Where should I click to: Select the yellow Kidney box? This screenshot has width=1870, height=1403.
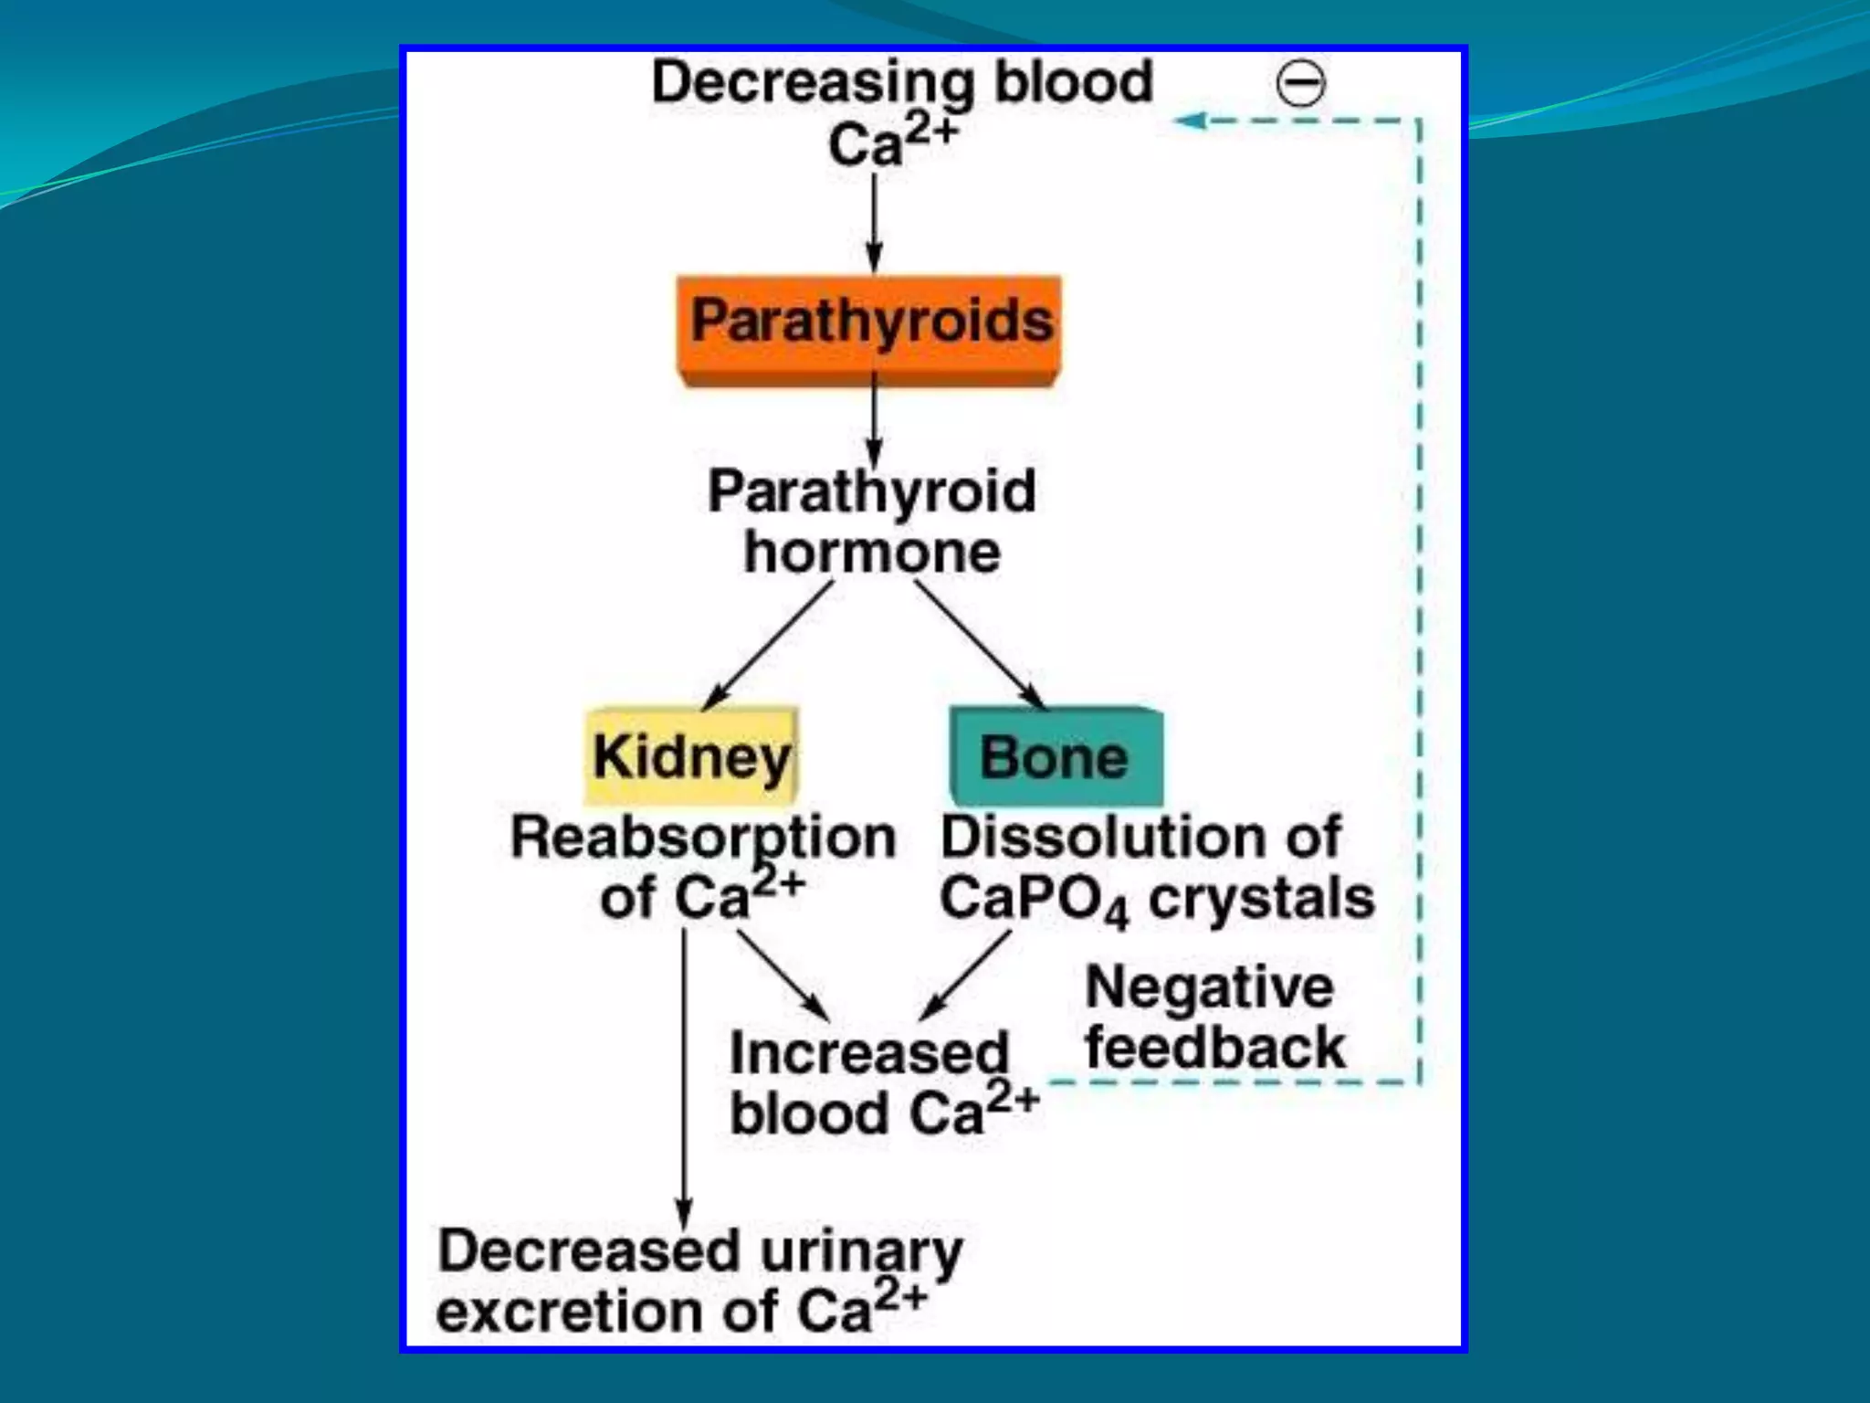(x=691, y=756)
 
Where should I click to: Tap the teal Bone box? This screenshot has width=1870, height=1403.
(x=1056, y=756)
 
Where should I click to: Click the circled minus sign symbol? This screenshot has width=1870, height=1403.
(x=1300, y=85)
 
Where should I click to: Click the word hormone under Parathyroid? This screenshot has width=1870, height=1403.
(x=872, y=554)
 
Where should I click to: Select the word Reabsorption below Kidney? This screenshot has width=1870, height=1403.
(x=703, y=838)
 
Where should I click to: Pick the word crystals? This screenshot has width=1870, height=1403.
(x=1261, y=899)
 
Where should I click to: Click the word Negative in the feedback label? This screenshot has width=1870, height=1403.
(x=1209, y=988)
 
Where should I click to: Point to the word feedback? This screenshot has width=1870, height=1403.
(x=1215, y=1048)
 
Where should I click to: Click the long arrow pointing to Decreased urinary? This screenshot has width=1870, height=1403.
(x=684, y=1078)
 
